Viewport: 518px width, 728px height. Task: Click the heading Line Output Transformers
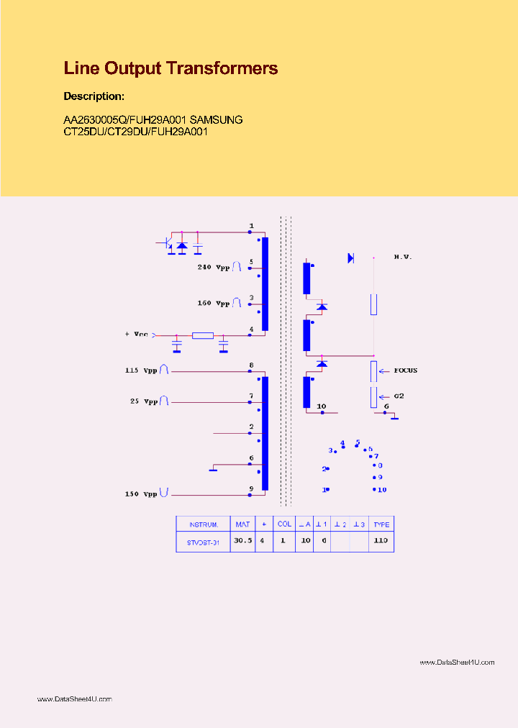(171, 68)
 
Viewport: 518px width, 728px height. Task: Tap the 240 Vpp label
(214, 267)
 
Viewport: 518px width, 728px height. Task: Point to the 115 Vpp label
(140, 370)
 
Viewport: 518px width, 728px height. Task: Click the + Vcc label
(136, 335)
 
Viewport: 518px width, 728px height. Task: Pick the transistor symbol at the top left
(167, 244)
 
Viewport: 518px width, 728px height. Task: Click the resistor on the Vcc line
(203, 335)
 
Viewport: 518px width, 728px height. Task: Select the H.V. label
(402, 257)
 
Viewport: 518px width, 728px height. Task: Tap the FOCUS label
(405, 370)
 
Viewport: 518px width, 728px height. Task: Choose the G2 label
(399, 396)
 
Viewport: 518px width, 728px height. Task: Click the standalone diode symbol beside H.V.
(351, 258)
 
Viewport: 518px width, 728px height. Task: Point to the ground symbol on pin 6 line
(213, 470)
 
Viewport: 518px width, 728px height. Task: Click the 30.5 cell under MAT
(242, 540)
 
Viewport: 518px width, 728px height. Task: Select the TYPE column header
(381, 524)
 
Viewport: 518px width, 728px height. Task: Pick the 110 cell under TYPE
(381, 540)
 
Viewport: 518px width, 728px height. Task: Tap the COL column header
(284, 524)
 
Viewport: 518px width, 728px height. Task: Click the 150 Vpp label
(140, 494)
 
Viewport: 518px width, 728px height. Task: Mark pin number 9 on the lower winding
(251, 488)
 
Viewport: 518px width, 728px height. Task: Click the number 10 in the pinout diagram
(381, 490)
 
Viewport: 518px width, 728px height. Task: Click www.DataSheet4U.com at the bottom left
(74, 699)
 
